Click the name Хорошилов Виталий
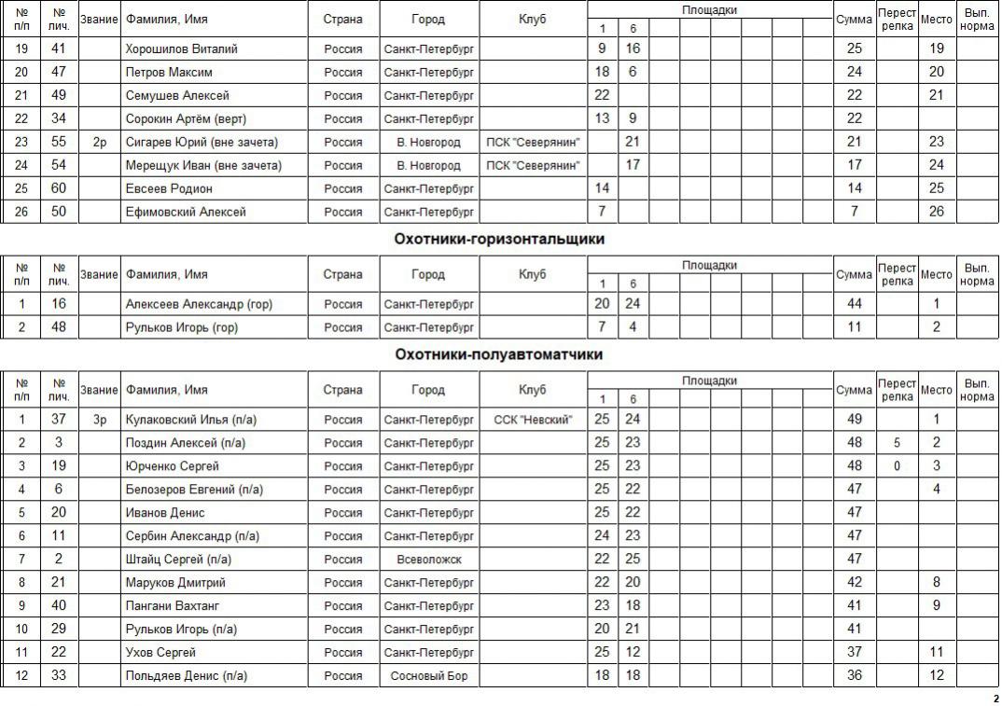point(182,48)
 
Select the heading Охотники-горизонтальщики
point(499,240)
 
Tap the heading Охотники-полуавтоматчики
point(499,355)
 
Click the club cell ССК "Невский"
point(533,420)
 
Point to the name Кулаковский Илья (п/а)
point(192,420)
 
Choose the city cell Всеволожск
point(429,560)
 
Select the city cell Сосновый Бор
point(429,676)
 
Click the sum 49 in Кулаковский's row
point(854,420)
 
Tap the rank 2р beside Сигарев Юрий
point(100,142)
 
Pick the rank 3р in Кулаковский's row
point(100,420)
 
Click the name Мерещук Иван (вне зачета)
point(203,165)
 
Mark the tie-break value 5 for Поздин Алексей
point(897,443)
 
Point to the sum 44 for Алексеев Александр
point(854,304)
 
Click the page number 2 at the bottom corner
point(995,699)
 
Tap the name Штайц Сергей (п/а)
point(178,560)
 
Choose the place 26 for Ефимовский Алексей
point(936,212)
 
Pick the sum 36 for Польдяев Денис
point(854,676)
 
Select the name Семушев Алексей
point(177,95)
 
